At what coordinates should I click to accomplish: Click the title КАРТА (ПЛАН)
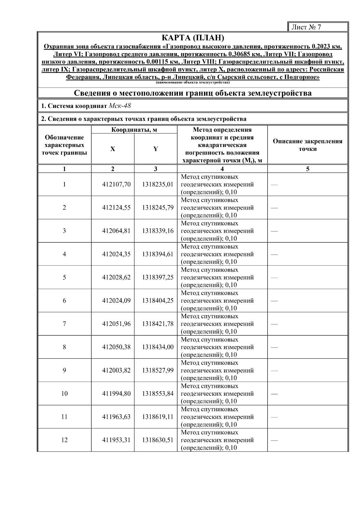[x=193, y=38]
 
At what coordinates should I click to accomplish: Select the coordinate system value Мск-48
[x=120, y=106]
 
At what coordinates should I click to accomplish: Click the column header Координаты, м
[x=134, y=130]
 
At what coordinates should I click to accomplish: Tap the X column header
[x=112, y=149]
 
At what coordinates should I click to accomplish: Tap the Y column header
[x=155, y=149]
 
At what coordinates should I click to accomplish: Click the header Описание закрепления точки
[x=307, y=145]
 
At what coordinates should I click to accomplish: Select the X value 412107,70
[x=116, y=184]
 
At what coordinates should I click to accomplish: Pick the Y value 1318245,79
[x=158, y=208]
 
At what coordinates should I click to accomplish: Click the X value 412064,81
[x=116, y=231]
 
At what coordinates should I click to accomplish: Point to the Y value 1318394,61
[x=158, y=254]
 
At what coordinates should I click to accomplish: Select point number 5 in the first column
[x=64, y=277]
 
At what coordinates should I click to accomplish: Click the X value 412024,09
[x=116, y=301]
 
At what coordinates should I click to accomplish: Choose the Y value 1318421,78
[x=158, y=324]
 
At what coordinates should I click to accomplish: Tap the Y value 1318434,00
[x=158, y=347]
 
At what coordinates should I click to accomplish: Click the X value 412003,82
[x=116, y=370]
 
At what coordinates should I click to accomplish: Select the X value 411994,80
[x=116, y=394]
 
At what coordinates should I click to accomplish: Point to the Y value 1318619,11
[x=158, y=417]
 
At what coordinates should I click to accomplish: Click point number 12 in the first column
[x=64, y=440]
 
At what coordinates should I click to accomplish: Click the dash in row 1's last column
[x=274, y=185]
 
